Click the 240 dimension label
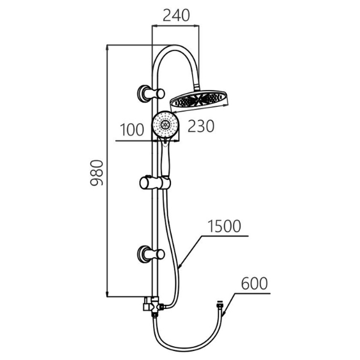point(176,16)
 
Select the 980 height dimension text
point(97,173)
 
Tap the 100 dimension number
point(132,130)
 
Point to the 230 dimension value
point(201,126)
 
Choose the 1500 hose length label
point(224,226)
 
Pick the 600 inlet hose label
point(254,283)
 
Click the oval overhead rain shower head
point(199,101)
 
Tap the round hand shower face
point(165,124)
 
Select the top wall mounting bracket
point(151,93)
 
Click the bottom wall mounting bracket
point(151,254)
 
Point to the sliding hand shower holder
point(155,183)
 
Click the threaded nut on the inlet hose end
point(220,305)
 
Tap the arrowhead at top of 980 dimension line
point(107,47)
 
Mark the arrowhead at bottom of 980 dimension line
point(107,294)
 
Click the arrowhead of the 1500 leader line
point(180,266)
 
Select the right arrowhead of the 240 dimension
point(197,25)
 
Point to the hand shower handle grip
point(166,161)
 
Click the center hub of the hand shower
point(165,124)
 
